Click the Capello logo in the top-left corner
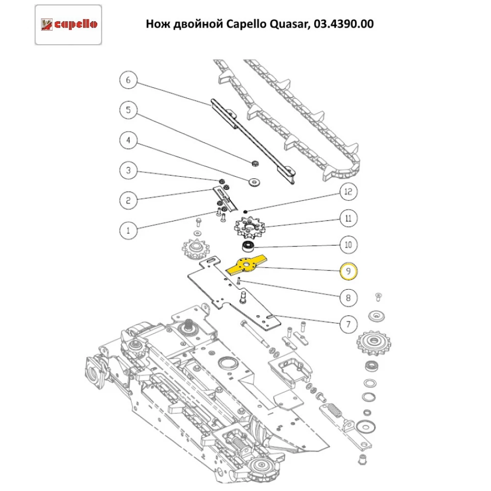pyautogui.click(x=68, y=24)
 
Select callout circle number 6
pyautogui.click(x=129, y=80)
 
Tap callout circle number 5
pyautogui.click(x=129, y=109)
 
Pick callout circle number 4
pyautogui.click(x=129, y=140)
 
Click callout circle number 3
pyautogui.click(x=129, y=170)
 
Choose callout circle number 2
pyautogui.click(x=129, y=200)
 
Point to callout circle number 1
pyautogui.click(x=129, y=230)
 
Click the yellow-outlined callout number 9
pyautogui.click(x=348, y=271)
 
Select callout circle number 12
pyautogui.click(x=348, y=191)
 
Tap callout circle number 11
pyautogui.click(x=348, y=218)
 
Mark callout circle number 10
pyautogui.click(x=348, y=244)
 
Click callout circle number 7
pyautogui.click(x=348, y=324)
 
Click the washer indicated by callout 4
pyautogui.click(x=254, y=182)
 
